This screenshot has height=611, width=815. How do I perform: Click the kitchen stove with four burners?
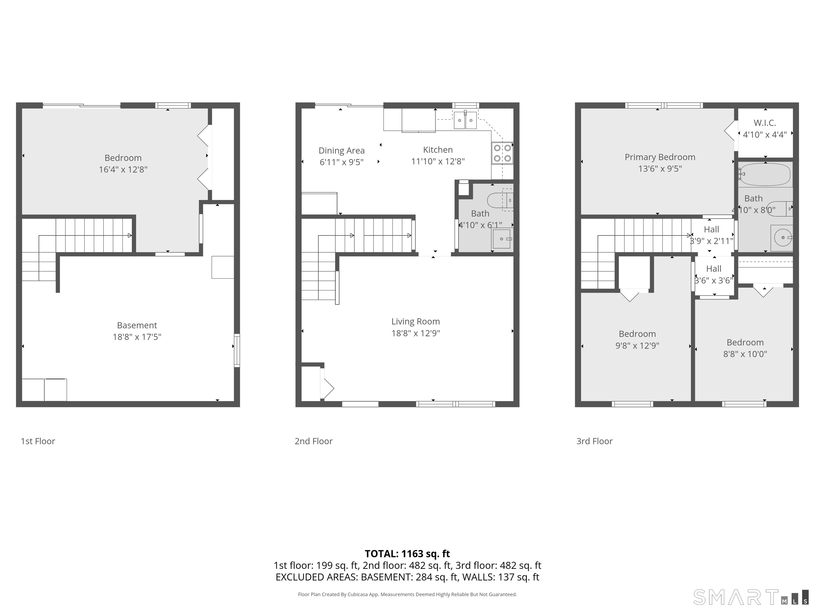(x=502, y=153)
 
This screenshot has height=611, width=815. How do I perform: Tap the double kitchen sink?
(x=465, y=120)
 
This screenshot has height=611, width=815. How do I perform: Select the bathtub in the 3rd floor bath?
(x=765, y=174)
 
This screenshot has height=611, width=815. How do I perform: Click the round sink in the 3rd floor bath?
(x=782, y=238)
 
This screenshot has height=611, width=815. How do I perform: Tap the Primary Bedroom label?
(x=660, y=157)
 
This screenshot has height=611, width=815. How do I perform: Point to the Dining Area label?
(x=341, y=151)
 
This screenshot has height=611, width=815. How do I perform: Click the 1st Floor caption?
(x=38, y=441)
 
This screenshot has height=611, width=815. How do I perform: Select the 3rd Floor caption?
(x=594, y=441)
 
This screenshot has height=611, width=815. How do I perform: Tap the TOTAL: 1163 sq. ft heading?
(x=407, y=554)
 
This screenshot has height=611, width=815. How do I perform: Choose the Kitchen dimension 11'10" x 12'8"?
(x=438, y=161)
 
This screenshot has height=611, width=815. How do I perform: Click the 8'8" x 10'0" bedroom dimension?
(x=745, y=354)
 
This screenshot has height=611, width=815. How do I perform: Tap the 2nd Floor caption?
(x=314, y=441)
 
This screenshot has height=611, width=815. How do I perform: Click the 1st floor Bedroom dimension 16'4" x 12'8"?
(x=123, y=169)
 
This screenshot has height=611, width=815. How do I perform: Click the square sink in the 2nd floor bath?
(x=502, y=239)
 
